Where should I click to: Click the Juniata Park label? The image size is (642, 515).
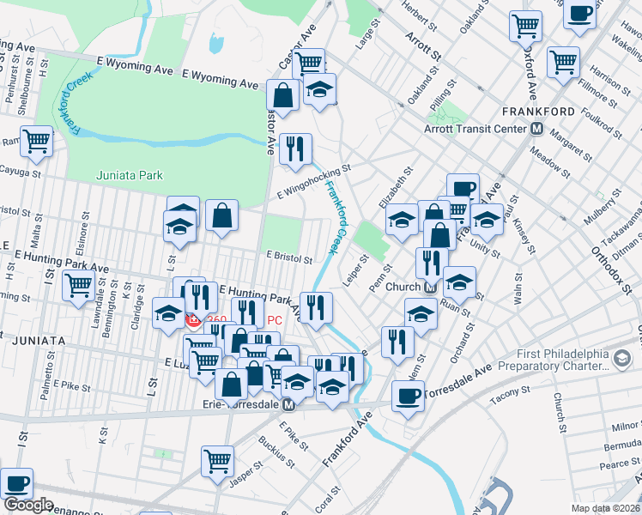128,175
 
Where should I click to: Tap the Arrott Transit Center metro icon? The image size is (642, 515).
537,129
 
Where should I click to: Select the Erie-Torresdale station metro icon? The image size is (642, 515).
289,405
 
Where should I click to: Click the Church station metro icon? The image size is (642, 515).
428,287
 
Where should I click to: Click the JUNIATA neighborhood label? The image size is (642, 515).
39,341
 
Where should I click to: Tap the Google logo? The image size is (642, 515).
28,505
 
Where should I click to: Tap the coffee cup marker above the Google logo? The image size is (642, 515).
17,482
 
